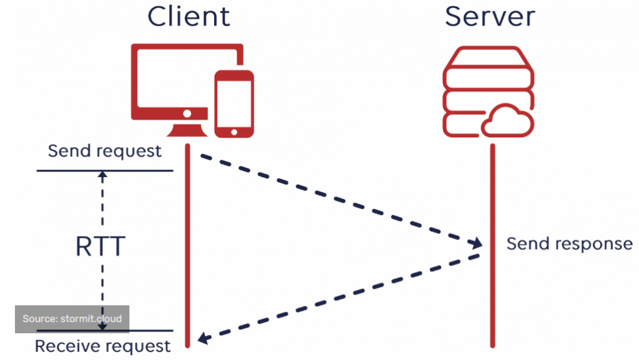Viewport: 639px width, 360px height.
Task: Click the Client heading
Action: point(188,16)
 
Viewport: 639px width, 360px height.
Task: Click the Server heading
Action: point(490,16)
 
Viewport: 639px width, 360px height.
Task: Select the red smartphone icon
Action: point(234,103)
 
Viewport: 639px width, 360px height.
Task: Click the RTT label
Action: point(100,247)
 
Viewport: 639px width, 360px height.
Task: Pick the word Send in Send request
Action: point(68,151)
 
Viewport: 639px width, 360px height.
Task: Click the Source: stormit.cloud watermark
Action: point(72,319)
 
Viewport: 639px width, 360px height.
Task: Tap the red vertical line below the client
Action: point(187,250)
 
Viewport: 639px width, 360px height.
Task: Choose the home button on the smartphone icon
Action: point(234,132)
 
